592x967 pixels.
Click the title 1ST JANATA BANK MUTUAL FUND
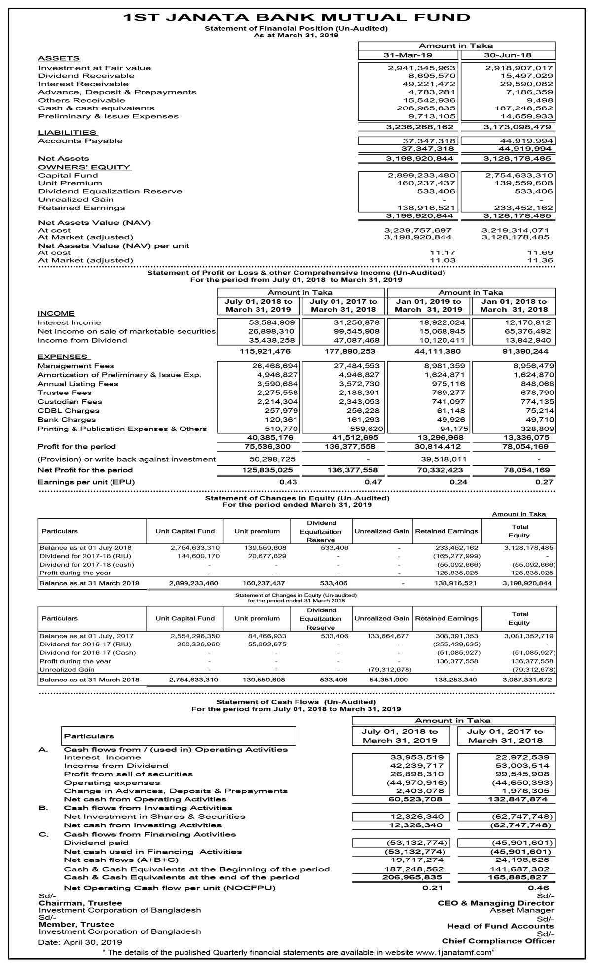[296, 17]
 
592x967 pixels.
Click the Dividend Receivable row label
[86, 76]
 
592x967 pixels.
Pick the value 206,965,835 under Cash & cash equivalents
[426, 108]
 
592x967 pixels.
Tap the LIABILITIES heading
[67, 132]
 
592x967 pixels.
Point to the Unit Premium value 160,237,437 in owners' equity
[426, 183]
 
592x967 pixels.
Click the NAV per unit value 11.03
[443, 260]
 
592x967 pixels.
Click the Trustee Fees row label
[65, 393]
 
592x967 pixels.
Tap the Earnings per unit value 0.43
[288, 482]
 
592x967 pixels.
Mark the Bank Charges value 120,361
[280, 420]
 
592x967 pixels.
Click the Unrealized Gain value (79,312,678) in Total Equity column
[534, 670]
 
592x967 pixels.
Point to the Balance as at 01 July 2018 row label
[85, 547]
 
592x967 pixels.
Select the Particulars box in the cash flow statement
[179, 736]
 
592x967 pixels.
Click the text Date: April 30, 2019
[80, 942]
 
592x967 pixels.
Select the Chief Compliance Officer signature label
[498, 941]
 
